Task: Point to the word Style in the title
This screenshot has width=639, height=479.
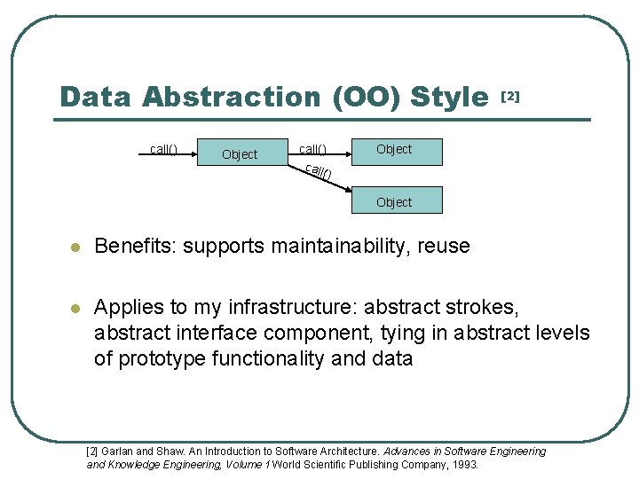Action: click(451, 97)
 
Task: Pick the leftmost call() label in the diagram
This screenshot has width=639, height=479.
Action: click(163, 149)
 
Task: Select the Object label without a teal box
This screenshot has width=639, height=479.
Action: click(240, 154)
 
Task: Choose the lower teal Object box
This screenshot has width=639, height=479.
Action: click(394, 202)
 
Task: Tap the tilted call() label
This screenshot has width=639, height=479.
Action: click(318, 171)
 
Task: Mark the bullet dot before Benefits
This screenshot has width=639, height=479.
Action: click(76, 247)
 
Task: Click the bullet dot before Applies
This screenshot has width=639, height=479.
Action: click(76, 309)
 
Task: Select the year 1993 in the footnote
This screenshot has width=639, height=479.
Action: click(464, 464)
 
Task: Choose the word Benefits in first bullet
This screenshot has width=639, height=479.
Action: click(133, 246)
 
